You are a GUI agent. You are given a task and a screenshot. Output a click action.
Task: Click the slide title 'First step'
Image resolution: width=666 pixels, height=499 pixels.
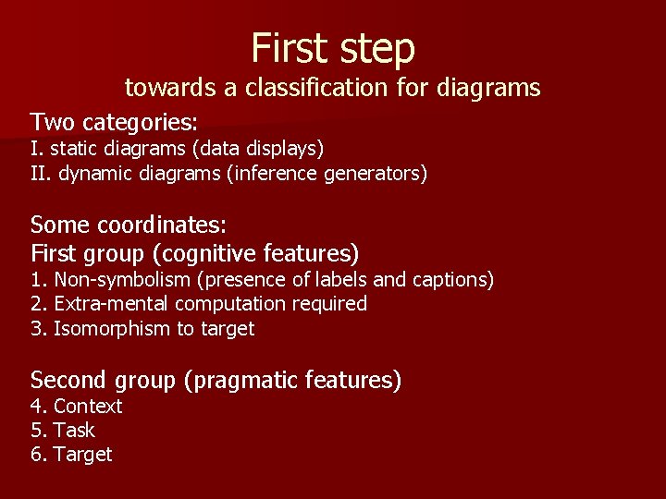click(333, 47)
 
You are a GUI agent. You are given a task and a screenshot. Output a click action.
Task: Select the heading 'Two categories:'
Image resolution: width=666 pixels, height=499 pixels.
click(115, 122)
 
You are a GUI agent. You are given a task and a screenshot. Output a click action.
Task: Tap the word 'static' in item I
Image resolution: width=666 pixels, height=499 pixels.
click(74, 148)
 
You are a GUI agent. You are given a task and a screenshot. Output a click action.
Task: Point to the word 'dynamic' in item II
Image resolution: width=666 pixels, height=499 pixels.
click(95, 173)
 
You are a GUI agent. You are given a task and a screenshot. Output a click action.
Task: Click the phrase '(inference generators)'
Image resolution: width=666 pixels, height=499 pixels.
click(327, 173)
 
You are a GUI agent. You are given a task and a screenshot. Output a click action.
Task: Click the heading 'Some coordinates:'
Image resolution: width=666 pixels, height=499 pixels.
click(129, 225)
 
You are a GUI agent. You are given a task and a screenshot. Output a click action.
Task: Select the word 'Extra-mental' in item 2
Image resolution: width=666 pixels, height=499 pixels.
click(111, 303)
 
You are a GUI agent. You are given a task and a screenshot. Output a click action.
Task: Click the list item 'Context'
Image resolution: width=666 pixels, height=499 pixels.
click(88, 407)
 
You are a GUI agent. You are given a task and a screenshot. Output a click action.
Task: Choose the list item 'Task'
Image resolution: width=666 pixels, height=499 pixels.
click(75, 430)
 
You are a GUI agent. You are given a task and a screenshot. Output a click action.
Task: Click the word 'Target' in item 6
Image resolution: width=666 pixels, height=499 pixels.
click(82, 454)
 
